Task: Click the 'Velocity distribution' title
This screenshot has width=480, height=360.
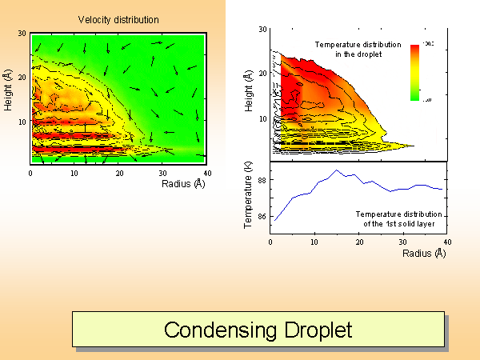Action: tap(118, 19)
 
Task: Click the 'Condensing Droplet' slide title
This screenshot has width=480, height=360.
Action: tap(258, 330)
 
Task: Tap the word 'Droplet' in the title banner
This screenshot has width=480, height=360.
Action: tap(317, 330)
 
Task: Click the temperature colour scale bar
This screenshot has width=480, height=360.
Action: tap(414, 72)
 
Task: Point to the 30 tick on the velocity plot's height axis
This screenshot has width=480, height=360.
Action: tap(23, 33)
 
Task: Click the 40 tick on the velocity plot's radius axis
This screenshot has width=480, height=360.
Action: tap(207, 172)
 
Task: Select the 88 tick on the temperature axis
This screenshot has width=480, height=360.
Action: tap(262, 182)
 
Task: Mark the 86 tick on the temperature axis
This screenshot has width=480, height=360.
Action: tap(262, 217)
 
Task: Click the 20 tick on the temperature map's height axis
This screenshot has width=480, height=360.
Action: tap(262, 74)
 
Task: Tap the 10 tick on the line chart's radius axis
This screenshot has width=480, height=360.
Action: tap(314, 243)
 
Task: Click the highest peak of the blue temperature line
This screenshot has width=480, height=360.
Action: tap(338, 170)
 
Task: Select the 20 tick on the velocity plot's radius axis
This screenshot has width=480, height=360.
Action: tap(118, 172)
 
